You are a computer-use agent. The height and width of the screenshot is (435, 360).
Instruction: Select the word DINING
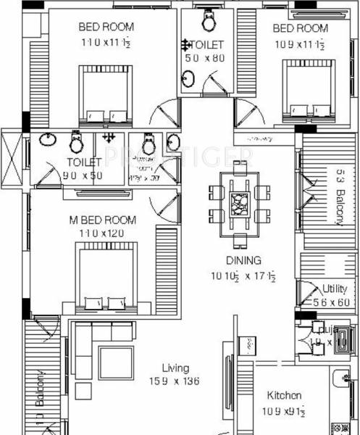[x=243, y=260]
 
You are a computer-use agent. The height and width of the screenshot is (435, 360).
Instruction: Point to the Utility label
[x=334, y=289]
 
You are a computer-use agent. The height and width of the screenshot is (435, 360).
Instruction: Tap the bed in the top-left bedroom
[x=106, y=94]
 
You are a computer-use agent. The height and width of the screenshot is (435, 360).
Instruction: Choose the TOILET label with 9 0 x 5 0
[x=83, y=162]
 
